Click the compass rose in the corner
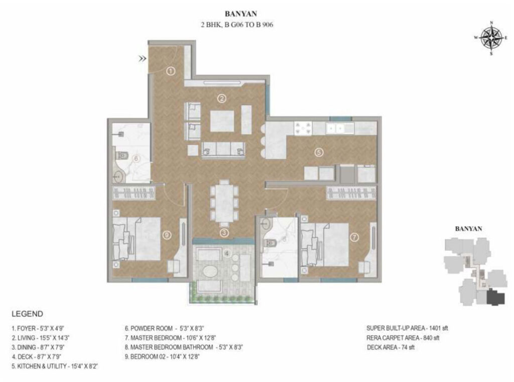point(491,38)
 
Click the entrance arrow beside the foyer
point(142,59)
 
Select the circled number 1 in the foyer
point(171,71)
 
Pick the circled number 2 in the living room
point(222,98)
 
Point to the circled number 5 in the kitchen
point(319,152)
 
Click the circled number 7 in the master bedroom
point(354,237)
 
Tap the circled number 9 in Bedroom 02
point(167,235)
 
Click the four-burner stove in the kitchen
point(303,128)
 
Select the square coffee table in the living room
point(222,121)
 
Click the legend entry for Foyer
point(38,328)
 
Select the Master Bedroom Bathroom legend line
point(184,347)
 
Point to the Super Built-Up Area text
point(407,328)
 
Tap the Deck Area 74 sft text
point(391,347)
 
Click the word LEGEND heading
point(27,314)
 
